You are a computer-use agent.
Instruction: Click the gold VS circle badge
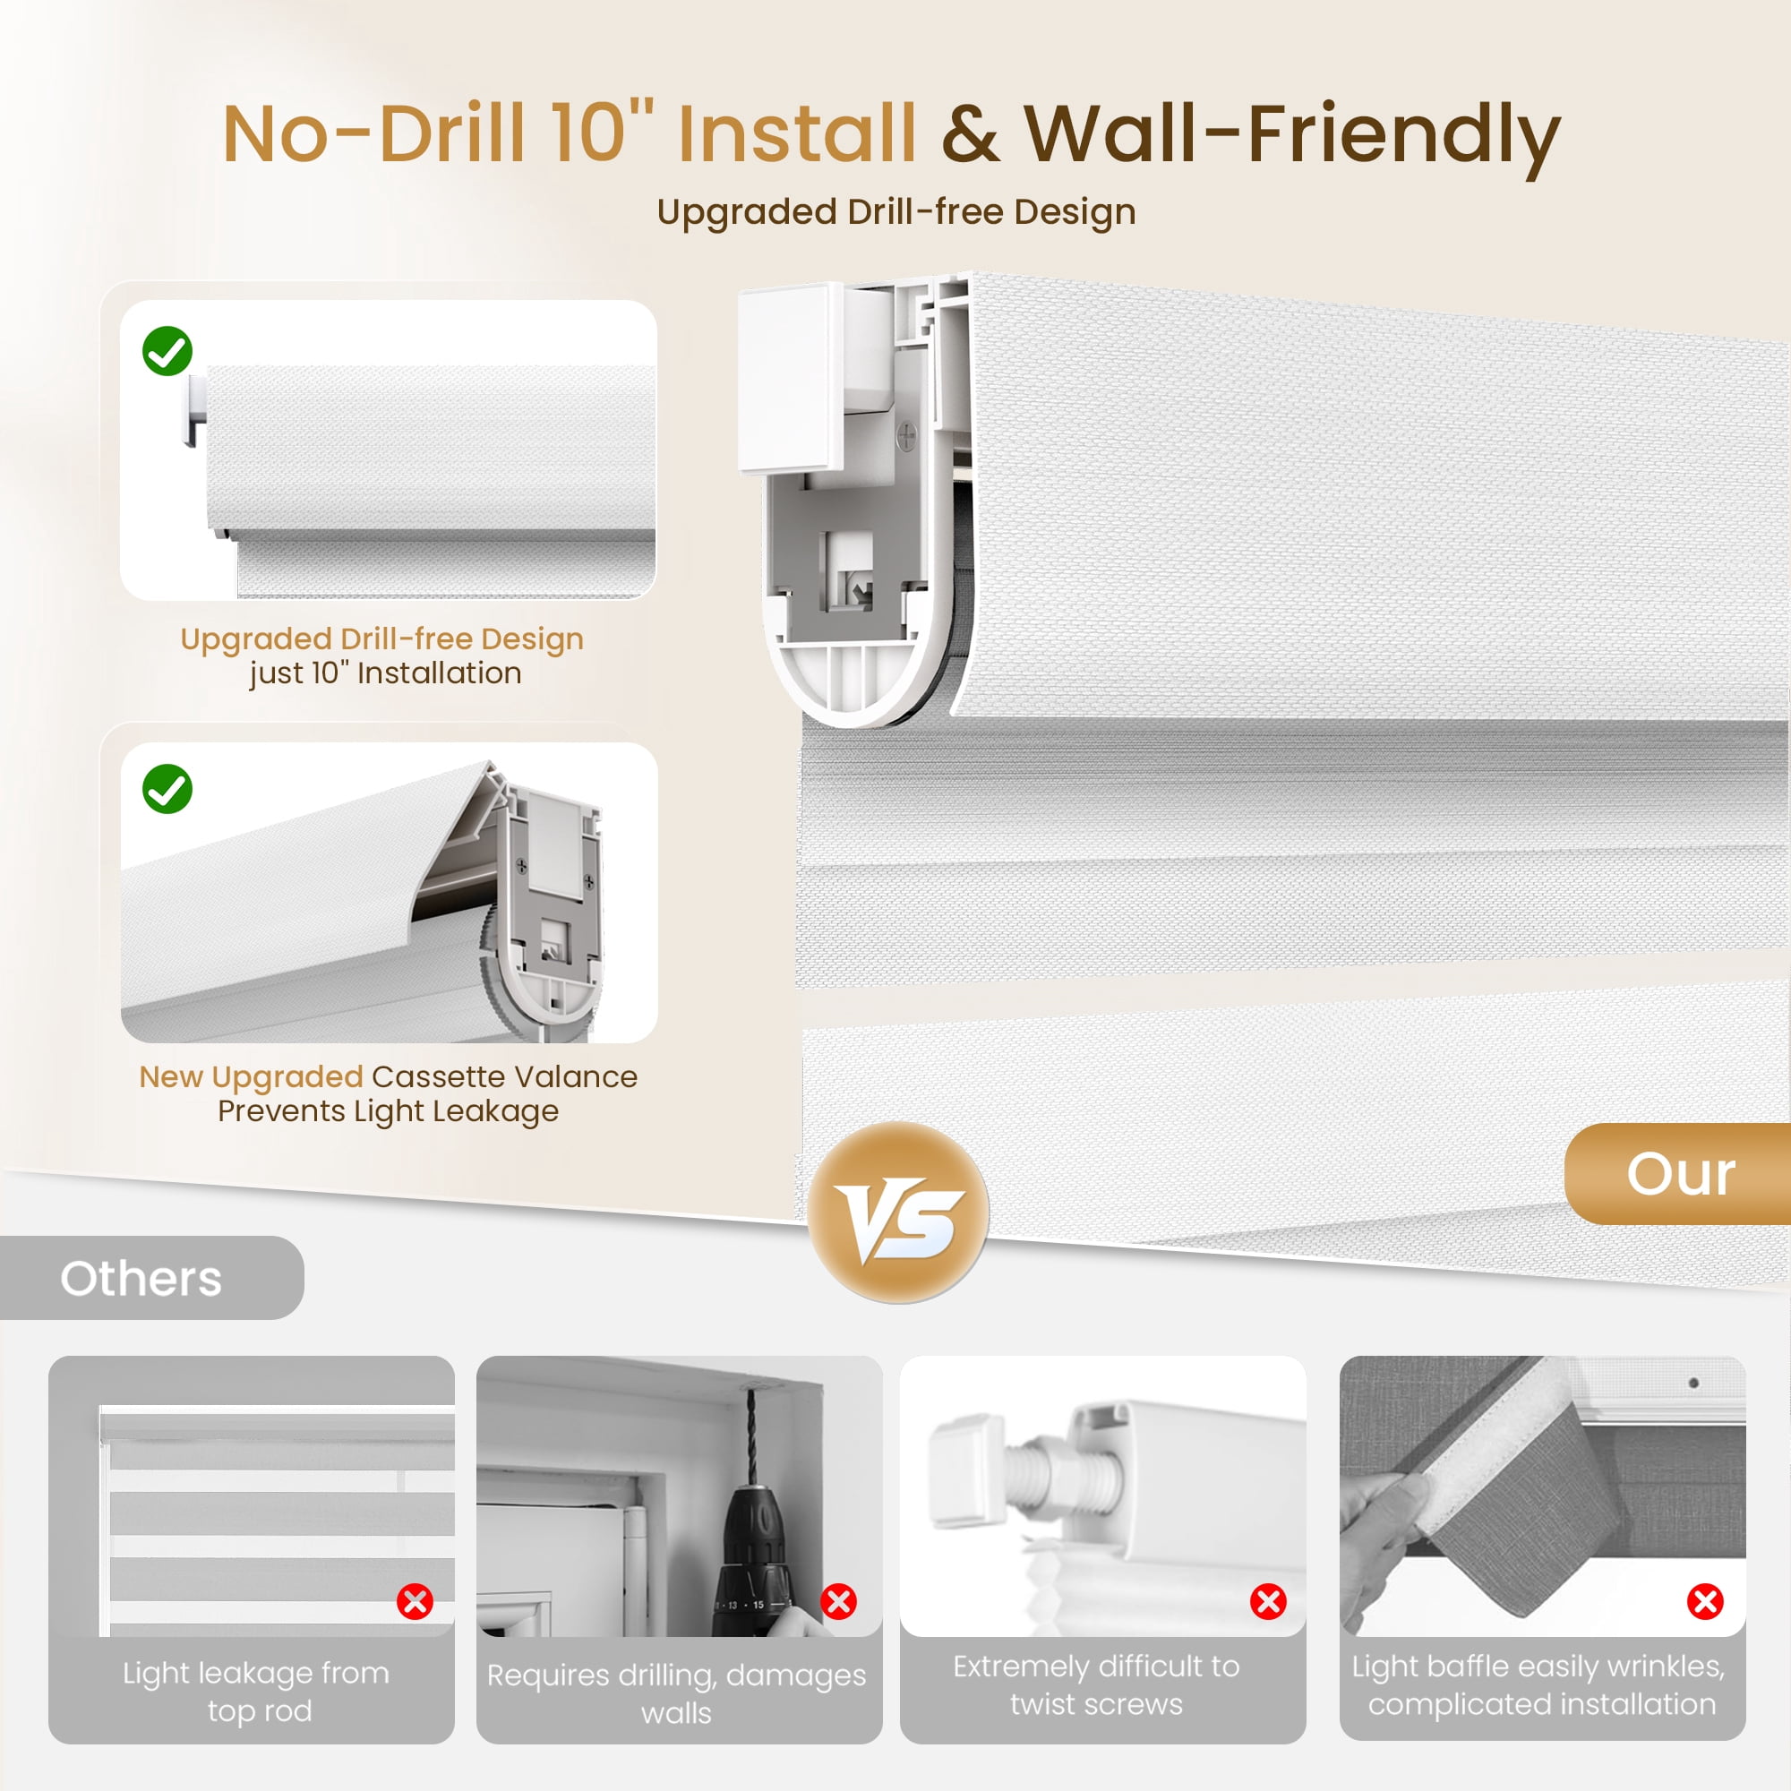coord(897,1212)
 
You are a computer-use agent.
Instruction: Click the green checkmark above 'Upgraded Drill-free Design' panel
coord(167,350)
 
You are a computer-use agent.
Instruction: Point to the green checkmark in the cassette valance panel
coord(167,789)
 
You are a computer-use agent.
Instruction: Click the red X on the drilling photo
coord(838,1601)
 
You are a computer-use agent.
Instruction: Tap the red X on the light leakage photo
coord(415,1601)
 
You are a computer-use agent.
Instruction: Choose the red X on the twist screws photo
coord(1267,1601)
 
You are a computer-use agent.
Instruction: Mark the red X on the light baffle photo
coord(1704,1601)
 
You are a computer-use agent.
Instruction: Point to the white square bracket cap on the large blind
coord(791,378)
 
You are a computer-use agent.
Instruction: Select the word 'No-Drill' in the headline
coord(373,133)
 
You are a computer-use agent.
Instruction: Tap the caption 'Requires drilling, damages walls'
coord(677,1693)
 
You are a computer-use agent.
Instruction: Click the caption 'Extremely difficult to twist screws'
coord(1097,1684)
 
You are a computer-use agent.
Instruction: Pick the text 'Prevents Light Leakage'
coord(389,1110)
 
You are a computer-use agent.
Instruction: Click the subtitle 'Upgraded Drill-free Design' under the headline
coord(896,212)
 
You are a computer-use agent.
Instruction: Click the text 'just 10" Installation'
coord(386,673)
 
